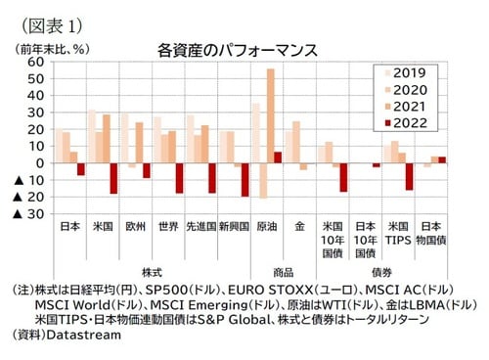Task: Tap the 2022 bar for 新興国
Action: (x=244, y=180)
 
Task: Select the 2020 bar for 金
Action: (x=295, y=142)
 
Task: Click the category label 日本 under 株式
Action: (x=69, y=228)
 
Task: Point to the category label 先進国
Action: (x=200, y=228)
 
